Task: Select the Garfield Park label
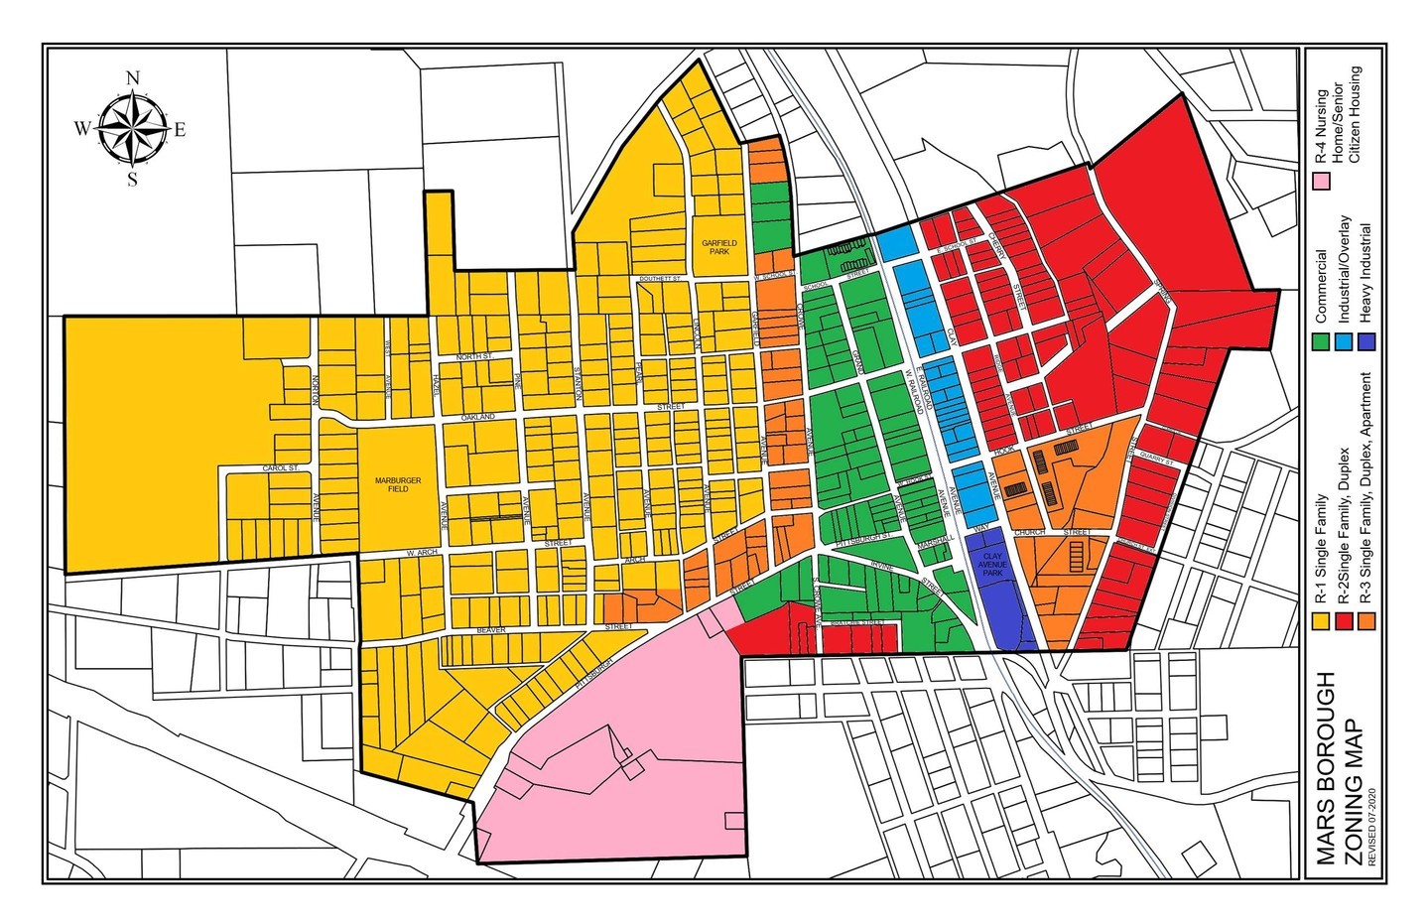click(x=712, y=246)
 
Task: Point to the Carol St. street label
click(x=280, y=467)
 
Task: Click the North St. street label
click(x=474, y=356)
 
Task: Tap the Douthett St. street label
click(x=657, y=280)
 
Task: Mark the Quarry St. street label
click(x=1156, y=462)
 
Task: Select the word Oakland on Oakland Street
click(x=476, y=419)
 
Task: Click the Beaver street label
click(x=491, y=629)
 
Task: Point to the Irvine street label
click(x=881, y=565)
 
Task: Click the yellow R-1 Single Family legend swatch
click(x=1321, y=621)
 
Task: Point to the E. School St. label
click(x=962, y=240)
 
